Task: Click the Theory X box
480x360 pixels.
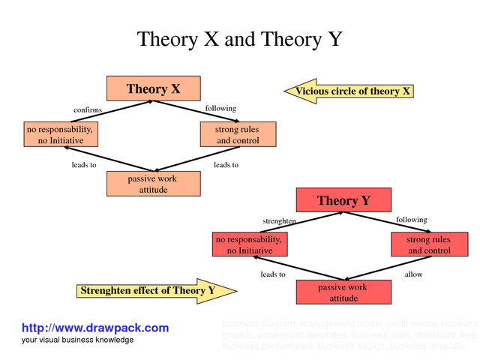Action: click(154, 88)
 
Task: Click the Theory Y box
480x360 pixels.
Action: click(343, 200)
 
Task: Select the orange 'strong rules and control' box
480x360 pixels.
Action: click(238, 135)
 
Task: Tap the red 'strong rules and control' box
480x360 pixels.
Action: click(429, 244)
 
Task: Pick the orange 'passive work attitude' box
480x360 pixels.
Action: click(154, 184)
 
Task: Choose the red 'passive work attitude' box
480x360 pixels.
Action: click(343, 292)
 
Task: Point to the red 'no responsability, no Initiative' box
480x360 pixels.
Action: click(250, 244)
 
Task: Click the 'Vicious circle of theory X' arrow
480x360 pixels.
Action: click(349, 91)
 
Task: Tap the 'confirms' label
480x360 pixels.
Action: click(87, 110)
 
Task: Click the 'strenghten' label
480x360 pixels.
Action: click(279, 221)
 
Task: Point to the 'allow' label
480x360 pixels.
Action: click(413, 274)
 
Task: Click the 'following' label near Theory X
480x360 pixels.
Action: click(220, 109)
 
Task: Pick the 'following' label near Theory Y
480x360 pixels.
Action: click(411, 220)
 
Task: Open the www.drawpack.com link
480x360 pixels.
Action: click(95, 328)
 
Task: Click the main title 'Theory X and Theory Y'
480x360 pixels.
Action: click(239, 39)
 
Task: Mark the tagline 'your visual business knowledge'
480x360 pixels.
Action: click(77, 340)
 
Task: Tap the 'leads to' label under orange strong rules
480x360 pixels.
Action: click(226, 165)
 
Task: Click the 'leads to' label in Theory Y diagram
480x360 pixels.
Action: click(273, 274)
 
